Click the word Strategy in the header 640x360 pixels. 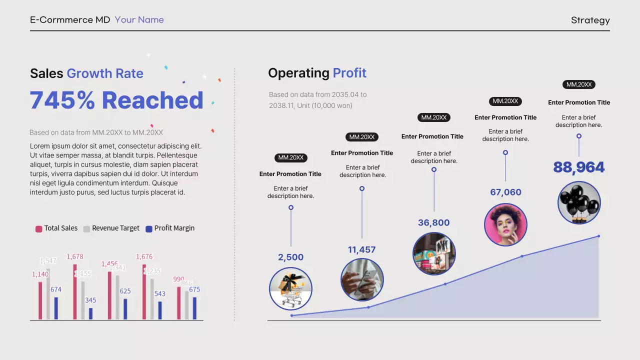590,20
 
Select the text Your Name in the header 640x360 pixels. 139,20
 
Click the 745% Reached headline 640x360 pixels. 116,100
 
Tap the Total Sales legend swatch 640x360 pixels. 38,229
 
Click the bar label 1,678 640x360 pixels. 75,257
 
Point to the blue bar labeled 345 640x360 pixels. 90,313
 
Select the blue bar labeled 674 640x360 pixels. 56,308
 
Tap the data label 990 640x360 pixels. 178,279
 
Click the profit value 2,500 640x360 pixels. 291,257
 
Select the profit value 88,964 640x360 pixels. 579,167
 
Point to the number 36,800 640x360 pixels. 434,223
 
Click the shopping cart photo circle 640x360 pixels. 290,288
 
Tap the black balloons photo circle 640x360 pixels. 579,202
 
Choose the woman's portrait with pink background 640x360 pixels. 505,224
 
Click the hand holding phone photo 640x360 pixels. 362,279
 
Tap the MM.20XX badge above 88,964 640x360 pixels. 578,84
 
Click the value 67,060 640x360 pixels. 505,192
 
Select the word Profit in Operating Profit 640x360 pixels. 349,73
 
